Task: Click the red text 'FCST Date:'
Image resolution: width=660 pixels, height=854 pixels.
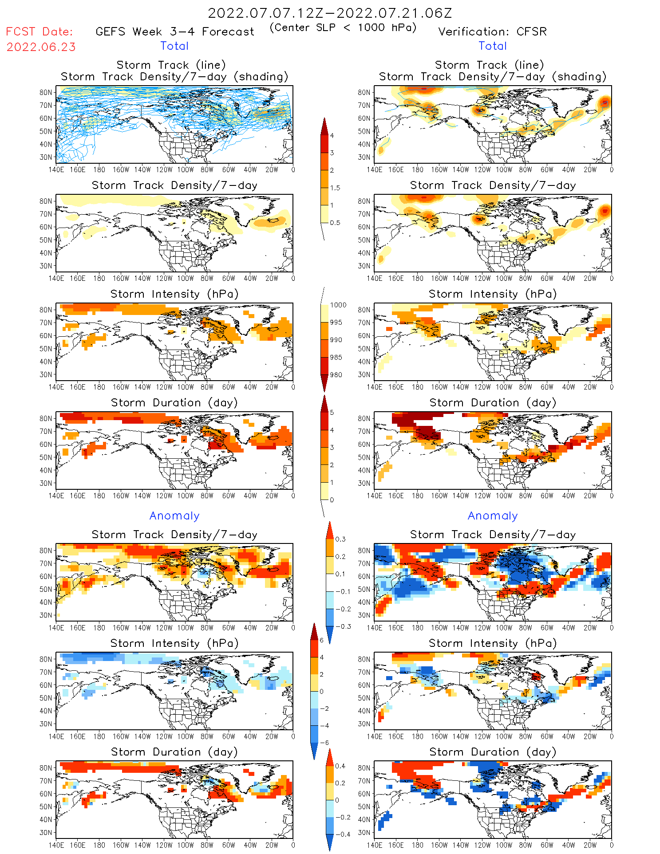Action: click(x=40, y=31)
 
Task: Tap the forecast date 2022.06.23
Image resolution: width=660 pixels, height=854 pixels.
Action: click(x=41, y=47)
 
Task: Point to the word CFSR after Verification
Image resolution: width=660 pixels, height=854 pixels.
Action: click(x=531, y=32)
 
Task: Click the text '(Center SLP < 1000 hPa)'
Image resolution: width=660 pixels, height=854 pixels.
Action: click(x=343, y=28)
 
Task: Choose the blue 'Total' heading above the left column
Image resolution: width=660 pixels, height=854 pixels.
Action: click(x=174, y=46)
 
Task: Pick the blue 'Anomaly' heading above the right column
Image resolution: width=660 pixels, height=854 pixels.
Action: click(x=493, y=516)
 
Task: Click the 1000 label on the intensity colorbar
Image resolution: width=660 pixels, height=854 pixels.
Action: click(x=338, y=305)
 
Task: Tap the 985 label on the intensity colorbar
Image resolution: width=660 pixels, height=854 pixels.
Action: click(x=336, y=358)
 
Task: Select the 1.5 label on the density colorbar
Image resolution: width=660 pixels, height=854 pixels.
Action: click(x=335, y=188)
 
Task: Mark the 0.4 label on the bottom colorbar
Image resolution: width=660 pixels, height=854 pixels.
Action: click(x=340, y=766)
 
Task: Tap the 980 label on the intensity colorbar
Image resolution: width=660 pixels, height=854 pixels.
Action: click(x=336, y=375)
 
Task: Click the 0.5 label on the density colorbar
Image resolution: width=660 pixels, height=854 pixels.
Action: click(x=335, y=223)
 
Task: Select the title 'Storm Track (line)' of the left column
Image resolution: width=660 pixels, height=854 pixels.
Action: click(x=171, y=65)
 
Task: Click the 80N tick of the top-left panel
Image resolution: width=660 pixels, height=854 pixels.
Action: click(x=46, y=93)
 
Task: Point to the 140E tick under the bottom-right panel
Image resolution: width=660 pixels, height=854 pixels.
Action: click(x=375, y=845)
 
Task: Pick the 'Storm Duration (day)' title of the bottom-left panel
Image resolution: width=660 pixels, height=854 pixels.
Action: click(x=174, y=752)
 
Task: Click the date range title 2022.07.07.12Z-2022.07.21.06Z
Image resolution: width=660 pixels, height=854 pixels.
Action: click(x=330, y=13)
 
